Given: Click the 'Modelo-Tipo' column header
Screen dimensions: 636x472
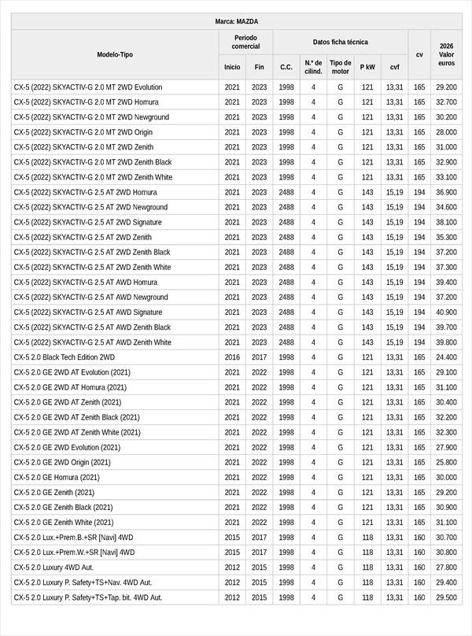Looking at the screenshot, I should click(x=115, y=55).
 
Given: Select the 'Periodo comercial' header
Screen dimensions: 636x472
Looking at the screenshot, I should click(x=246, y=42).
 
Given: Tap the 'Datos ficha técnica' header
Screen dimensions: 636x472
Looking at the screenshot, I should click(x=340, y=42).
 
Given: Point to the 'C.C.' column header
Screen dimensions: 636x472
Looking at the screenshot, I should click(x=286, y=68).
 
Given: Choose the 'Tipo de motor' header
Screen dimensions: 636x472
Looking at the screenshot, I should click(x=341, y=67).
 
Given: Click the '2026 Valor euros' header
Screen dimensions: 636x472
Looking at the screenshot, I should click(x=446, y=54).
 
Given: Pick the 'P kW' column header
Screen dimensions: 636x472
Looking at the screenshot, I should click(x=367, y=68).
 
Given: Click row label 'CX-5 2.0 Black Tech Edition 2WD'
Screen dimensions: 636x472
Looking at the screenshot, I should click(x=65, y=357).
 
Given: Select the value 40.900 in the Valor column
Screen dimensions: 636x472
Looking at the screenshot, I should click(x=446, y=312).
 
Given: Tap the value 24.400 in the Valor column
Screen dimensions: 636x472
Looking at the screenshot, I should click(x=446, y=357).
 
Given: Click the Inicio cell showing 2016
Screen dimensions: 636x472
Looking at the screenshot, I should click(x=232, y=357).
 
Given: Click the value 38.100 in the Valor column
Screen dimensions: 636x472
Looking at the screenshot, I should click(x=446, y=222).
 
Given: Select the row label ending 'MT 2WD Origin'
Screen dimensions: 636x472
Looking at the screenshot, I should click(x=83, y=132).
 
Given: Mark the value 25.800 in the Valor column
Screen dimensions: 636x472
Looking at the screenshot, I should click(x=446, y=462).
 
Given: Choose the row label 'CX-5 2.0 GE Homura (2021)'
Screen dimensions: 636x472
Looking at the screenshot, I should click(x=57, y=477).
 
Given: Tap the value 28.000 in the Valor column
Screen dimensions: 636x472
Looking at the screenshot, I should click(x=446, y=132).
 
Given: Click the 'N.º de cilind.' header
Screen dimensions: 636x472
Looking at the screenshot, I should click(x=313, y=67).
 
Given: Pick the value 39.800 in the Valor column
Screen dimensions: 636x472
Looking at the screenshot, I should click(x=446, y=342).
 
